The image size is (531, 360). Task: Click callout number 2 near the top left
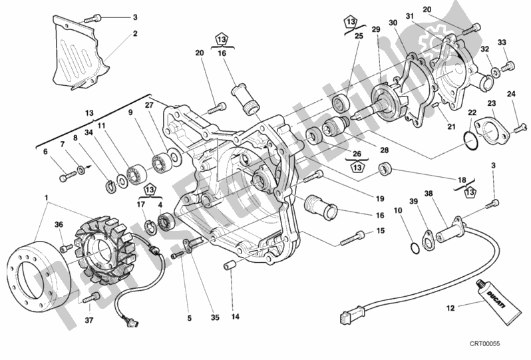point(134,33)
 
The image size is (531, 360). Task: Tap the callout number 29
point(375,30)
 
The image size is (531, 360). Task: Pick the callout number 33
point(502,43)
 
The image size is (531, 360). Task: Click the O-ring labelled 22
point(470,140)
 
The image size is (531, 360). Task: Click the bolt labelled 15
point(352,237)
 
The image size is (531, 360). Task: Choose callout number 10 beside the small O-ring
point(397,210)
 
